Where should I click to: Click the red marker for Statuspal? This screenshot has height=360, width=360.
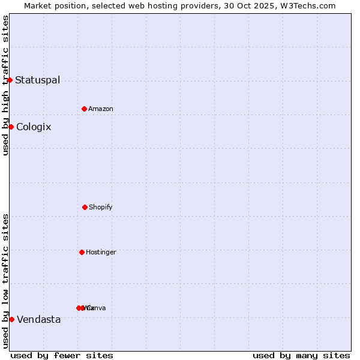click(x=10, y=80)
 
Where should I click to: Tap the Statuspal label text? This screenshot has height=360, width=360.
click(x=37, y=80)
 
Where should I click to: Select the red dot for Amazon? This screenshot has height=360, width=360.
click(x=84, y=109)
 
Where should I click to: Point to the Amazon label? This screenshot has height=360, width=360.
click(x=100, y=109)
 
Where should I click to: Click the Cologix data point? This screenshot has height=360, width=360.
click(x=11, y=127)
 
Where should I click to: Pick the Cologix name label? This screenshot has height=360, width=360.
click(x=34, y=127)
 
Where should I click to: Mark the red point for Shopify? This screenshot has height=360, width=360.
click(x=85, y=207)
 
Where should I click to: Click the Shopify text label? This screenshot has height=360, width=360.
click(x=100, y=207)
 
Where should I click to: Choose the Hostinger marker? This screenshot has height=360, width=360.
click(x=82, y=252)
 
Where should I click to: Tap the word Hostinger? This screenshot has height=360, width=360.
click(x=101, y=252)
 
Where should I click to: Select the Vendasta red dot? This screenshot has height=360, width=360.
click(x=11, y=319)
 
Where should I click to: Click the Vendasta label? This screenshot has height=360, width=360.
click(x=38, y=319)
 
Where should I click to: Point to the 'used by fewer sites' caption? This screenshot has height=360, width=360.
click(x=62, y=355)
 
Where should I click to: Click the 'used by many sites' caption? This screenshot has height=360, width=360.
click(x=301, y=355)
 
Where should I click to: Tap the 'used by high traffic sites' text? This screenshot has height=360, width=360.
click(x=5, y=85)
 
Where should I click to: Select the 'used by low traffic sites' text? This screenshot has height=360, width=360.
click(x=5, y=281)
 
